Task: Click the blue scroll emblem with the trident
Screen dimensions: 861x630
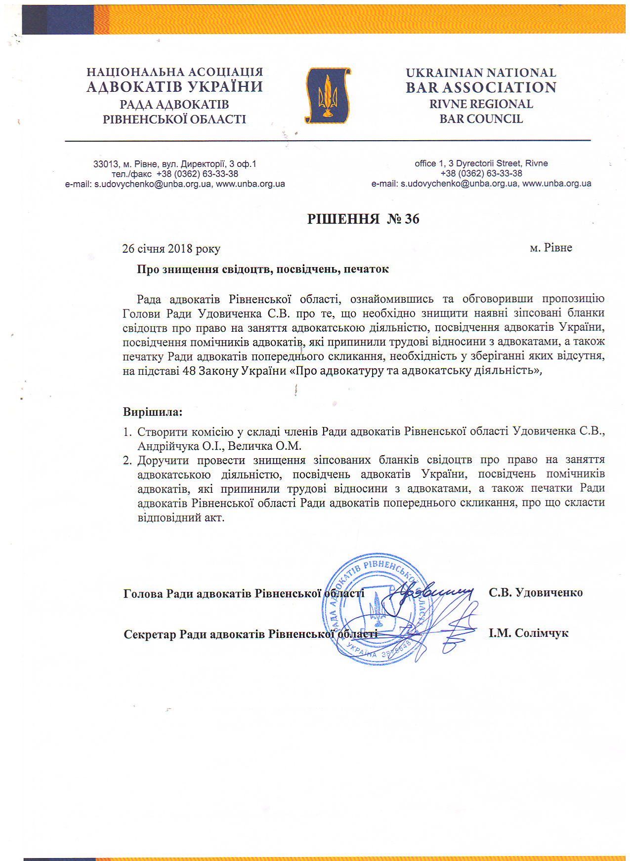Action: tap(327, 96)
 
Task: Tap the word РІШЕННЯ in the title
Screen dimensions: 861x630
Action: tap(343, 219)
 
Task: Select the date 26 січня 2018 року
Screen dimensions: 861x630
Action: tap(171, 248)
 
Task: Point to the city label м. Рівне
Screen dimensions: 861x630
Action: tap(551, 247)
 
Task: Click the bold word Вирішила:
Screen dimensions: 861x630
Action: tap(153, 411)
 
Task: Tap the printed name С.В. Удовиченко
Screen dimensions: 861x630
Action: tap(536, 592)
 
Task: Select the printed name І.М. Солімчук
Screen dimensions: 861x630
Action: tap(529, 633)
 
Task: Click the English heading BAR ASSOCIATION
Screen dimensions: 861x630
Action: tap(481, 87)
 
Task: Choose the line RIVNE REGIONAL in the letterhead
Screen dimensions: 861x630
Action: tap(481, 104)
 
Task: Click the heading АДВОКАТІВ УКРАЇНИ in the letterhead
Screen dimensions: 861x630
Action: tap(174, 87)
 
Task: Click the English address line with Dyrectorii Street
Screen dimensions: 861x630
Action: tap(481, 163)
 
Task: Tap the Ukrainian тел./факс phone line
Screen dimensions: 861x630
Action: tap(174, 174)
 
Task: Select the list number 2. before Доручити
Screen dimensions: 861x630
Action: tap(128, 460)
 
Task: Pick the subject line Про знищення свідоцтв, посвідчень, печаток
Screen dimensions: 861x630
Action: tap(263, 269)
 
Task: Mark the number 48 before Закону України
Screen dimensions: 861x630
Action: tap(189, 370)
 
